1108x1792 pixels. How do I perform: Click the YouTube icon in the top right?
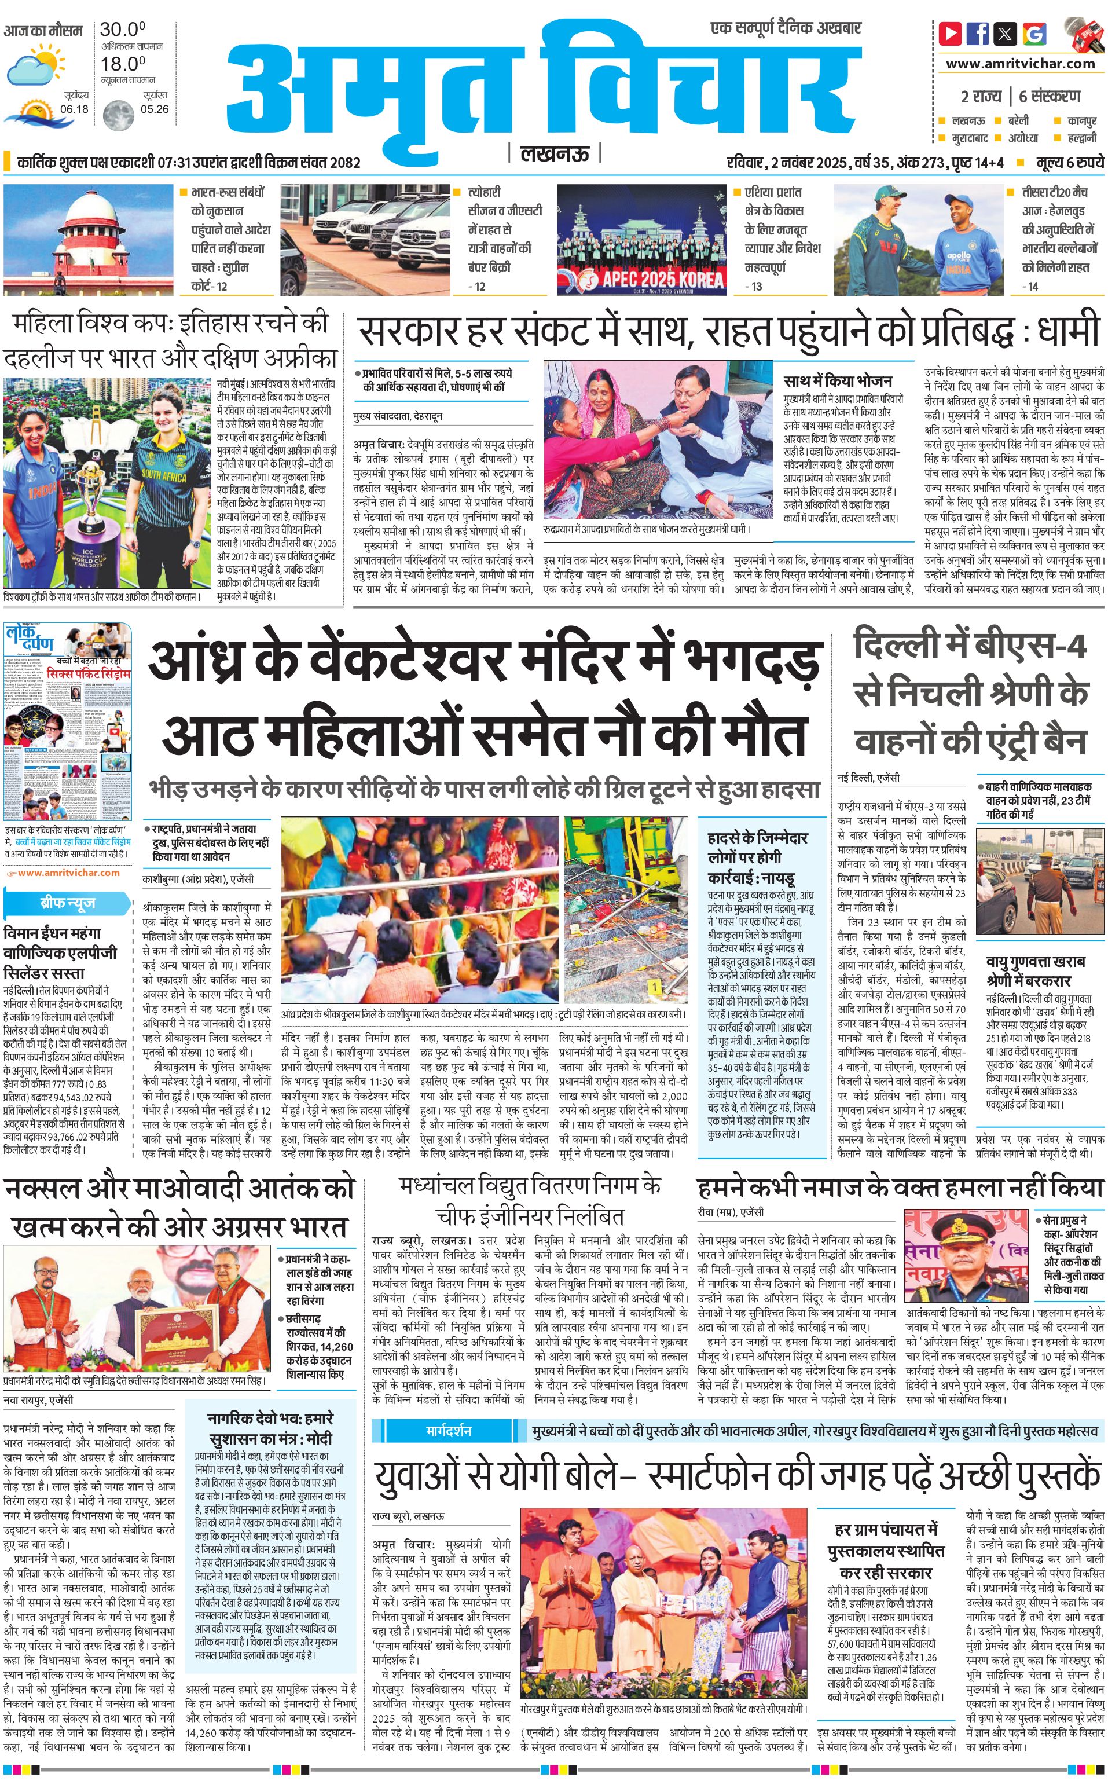point(950,33)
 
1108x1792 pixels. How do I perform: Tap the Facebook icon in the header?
point(977,33)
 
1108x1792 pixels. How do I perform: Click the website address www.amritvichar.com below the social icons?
point(1020,63)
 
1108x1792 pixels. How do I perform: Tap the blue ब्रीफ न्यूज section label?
point(67,904)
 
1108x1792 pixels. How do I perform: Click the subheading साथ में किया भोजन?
point(838,380)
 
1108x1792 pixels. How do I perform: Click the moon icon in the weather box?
point(118,115)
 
